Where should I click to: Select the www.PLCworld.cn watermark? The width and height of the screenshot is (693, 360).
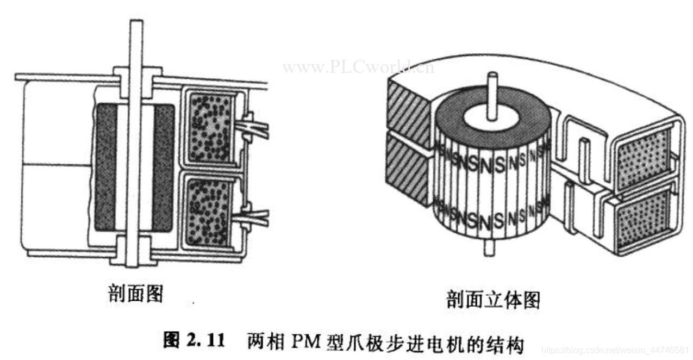358,67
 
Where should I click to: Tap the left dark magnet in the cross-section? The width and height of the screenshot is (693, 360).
105,166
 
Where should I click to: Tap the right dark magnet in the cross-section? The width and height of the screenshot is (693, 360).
163,166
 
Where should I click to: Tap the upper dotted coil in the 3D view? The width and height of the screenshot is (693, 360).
645,153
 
